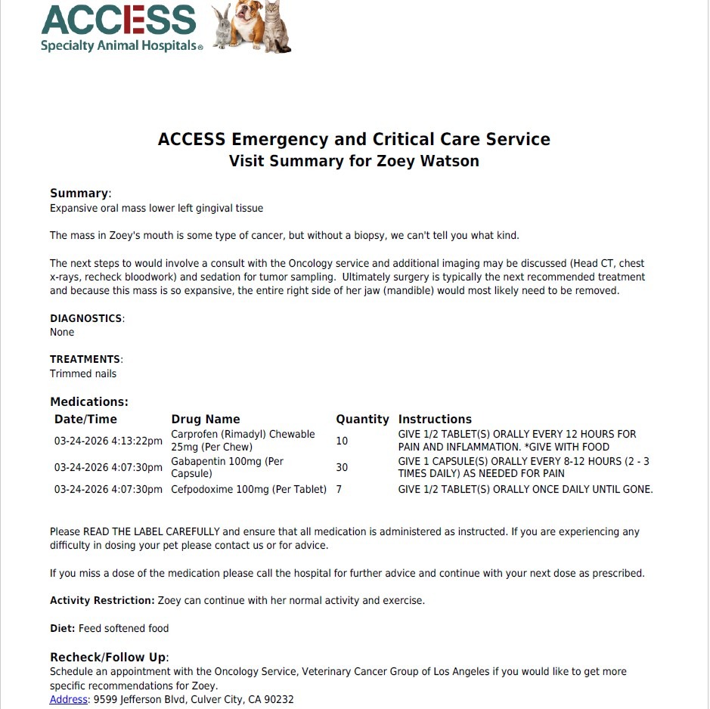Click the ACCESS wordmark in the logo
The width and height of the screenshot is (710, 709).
click(x=119, y=20)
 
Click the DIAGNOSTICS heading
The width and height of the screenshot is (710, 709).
click(x=86, y=318)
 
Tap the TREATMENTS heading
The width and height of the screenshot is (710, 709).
click(x=85, y=359)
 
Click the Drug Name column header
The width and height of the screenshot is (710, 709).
click(x=206, y=419)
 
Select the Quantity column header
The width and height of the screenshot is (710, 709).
click(x=362, y=419)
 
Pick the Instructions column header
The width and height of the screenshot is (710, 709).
click(x=435, y=419)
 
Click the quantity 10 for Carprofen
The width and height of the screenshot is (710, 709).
click(x=342, y=441)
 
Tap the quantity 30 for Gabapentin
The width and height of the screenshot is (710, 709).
click(x=342, y=467)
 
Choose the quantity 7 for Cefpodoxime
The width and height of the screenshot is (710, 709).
click(x=339, y=489)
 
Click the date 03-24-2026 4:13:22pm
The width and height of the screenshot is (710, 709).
click(x=108, y=441)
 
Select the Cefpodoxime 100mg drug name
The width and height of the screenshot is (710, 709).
click(x=249, y=489)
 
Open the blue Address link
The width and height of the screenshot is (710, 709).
click(x=69, y=699)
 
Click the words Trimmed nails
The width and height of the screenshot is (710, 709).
click(x=83, y=373)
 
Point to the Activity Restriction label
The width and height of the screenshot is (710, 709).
click(x=102, y=600)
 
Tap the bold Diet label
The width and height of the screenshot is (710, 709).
click(x=63, y=628)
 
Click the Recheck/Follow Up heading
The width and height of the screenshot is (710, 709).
click(x=108, y=657)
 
